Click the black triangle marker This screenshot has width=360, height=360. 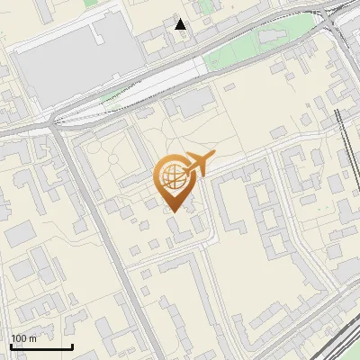tap(181, 24)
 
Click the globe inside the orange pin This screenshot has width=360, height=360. tap(176, 177)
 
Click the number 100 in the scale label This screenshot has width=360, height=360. tap(19, 338)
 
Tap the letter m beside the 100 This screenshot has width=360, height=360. tap(32, 338)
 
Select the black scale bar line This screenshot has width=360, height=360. tap(41, 347)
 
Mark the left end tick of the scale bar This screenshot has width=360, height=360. tap(11, 346)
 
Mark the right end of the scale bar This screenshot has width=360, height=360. tap(72, 346)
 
